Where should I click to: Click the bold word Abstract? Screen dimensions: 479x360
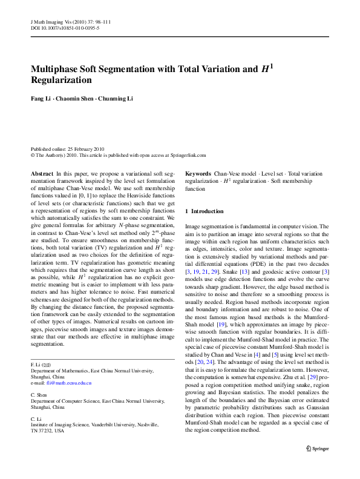[41, 173]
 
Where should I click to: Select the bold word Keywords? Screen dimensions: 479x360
[198, 173]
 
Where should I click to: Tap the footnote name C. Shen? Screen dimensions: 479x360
[39, 394]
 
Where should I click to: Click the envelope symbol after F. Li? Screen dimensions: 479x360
[47, 366]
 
